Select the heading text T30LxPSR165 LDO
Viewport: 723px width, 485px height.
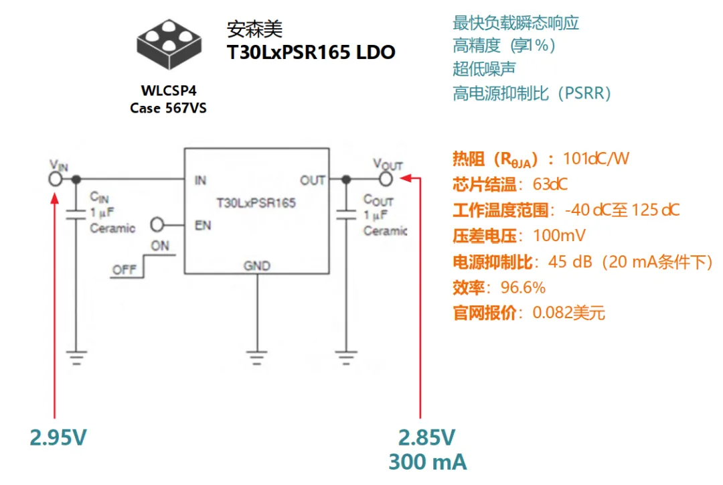point(311,52)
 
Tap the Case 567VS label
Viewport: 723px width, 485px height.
point(168,108)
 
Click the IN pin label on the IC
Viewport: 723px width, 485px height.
point(200,180)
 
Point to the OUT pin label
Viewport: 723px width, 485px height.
point(312,180)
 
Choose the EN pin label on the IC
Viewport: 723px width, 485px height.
point(202,224)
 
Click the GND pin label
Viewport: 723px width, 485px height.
point(257,266)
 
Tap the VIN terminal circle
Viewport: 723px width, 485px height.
point(56,180)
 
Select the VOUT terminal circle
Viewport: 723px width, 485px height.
point(386,180)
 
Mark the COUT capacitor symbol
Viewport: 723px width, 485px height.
point(346,214)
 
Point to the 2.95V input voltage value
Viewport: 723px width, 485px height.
point(59,437)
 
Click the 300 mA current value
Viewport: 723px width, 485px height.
point(428,462)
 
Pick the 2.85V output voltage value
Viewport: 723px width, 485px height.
point(427,437)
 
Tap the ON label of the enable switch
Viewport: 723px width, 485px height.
point(160,246)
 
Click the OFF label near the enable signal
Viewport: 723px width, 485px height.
point(124,270)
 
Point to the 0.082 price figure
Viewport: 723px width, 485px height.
point(552,313)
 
